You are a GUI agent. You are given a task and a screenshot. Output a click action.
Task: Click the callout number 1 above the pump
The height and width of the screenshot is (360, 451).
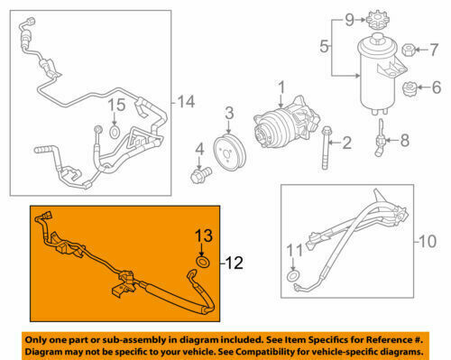click(x=281, y=88)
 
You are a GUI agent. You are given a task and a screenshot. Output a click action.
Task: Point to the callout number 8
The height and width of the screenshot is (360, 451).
click(x=404, y=140)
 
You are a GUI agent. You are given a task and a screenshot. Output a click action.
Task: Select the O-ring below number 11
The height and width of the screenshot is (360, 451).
click(x=293, y=276)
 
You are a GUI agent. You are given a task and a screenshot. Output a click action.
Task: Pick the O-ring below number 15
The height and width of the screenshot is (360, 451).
click(x=115, y=134)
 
